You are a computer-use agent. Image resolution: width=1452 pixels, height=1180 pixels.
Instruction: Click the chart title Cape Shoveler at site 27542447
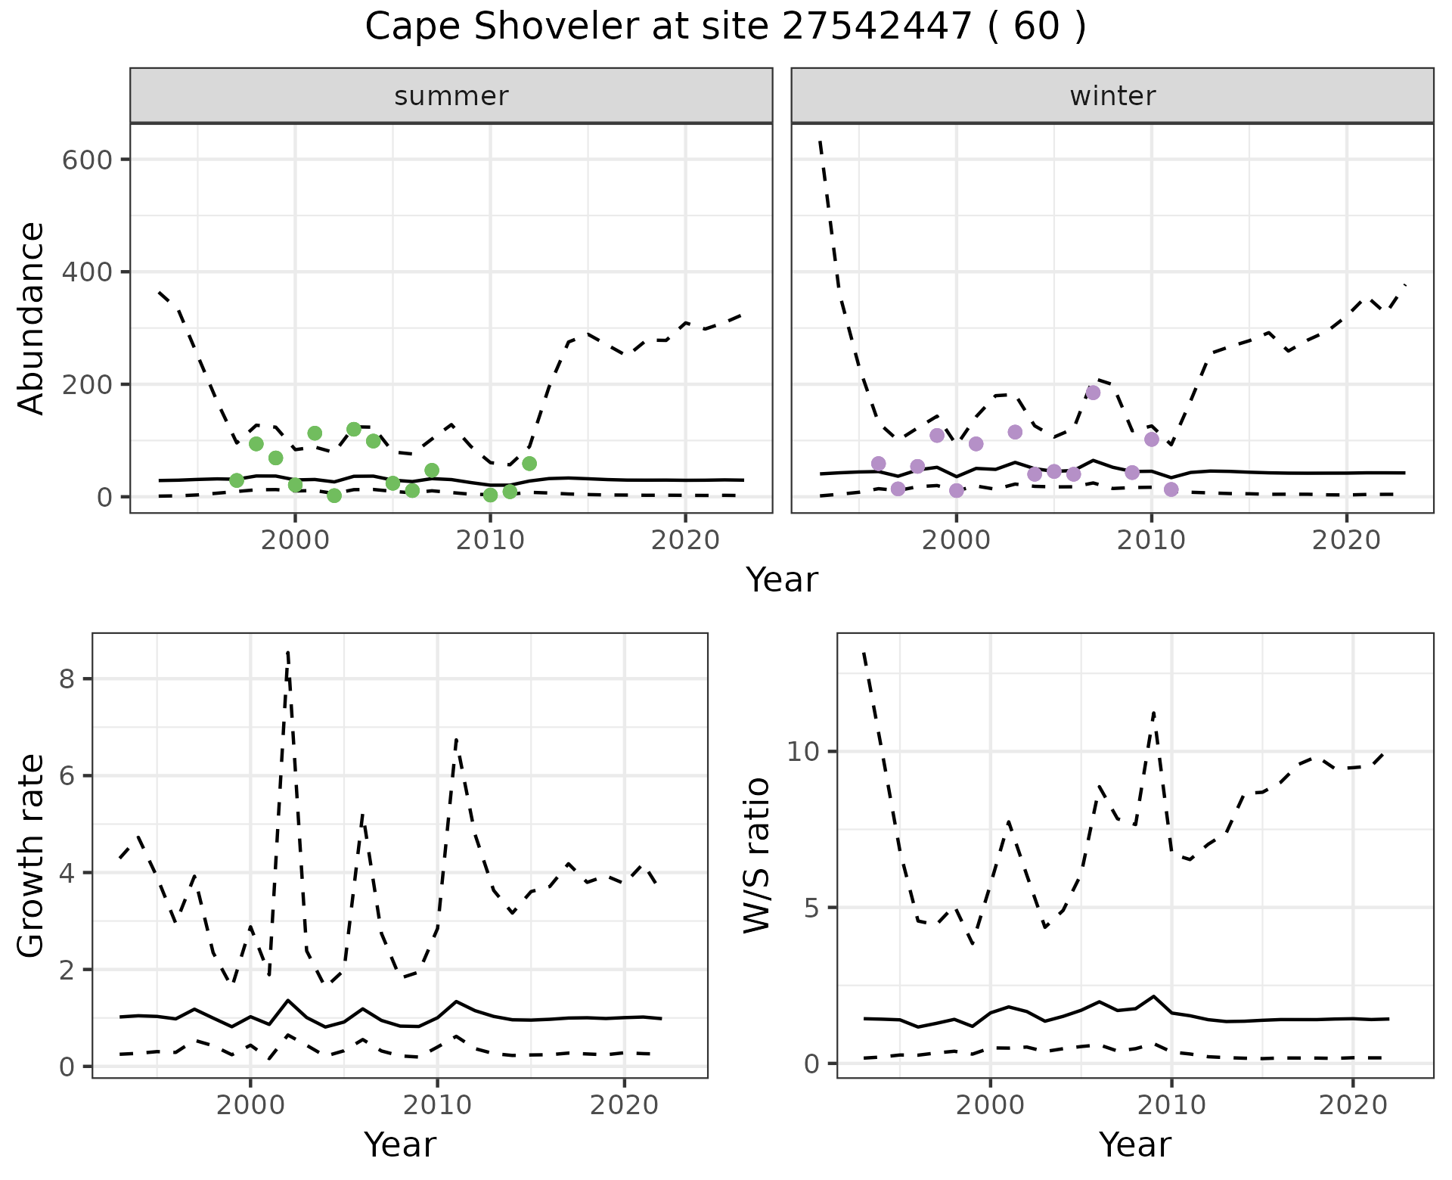[x=724, y=27]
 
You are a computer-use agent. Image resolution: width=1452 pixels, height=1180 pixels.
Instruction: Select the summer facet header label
[x=451, y=96]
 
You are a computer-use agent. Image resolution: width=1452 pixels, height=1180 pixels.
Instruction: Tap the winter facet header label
[x=1112, y=96]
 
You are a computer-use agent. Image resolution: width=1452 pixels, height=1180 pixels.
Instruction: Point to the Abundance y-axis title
[x=31, y=318]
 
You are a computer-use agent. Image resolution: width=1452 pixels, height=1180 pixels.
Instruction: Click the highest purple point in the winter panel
[x=1093, y=393]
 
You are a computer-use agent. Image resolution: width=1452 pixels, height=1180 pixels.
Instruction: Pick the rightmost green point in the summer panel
[x=529, y=464]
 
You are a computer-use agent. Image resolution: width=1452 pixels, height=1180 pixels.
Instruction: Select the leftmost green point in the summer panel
[x=237, y=481]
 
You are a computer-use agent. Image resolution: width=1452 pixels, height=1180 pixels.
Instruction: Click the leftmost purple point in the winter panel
[x=878, y=464]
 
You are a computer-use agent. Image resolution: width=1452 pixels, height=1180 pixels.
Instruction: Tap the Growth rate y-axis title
[x=31, y=856]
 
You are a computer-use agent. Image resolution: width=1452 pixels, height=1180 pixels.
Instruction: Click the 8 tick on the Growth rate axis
[x=68, y=679]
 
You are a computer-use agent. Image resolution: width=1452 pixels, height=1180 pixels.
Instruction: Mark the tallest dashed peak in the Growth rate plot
[x=288, y=652]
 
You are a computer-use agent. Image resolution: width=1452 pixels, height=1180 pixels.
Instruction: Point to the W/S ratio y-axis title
[x=756, y=855]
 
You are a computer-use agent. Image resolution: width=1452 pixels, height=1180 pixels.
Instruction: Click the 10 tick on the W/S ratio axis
[x=804, y=752]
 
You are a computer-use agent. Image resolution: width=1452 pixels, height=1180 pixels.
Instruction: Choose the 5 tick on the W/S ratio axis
[x=812, y=908]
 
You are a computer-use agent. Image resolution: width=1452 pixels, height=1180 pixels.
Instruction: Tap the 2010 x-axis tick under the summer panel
[x=490, y=541]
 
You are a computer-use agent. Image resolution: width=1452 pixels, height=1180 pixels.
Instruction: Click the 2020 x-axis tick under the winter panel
[x=1346, y=541]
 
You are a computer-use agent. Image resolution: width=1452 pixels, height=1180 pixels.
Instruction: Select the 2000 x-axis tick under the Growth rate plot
[x=250, y=1105]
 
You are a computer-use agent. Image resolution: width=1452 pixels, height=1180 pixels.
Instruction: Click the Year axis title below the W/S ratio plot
[x=1134, y=1145]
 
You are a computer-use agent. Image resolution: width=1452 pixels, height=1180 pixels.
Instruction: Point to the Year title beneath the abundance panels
[x=782, y=580]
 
